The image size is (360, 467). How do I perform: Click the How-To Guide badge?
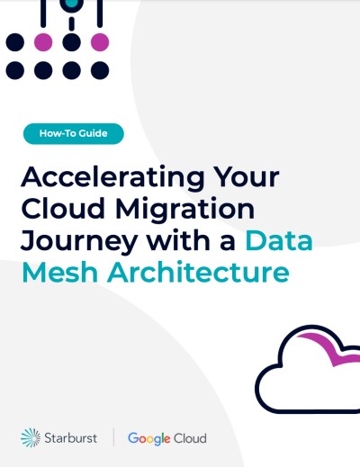[74, 133]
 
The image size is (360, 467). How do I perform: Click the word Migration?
[185, 210]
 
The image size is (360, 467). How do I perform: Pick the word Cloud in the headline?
[63, 208]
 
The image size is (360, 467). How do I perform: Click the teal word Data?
[279, 240]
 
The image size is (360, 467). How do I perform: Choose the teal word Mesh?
[60, 273]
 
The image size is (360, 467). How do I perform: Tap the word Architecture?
[198, 273]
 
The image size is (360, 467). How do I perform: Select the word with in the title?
[178, 240]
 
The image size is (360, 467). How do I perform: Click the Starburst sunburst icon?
[31, 438]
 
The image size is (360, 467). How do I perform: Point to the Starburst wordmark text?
[71, 438]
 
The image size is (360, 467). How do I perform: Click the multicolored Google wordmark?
[149, 439]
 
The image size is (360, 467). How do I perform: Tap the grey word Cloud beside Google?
[190, 438]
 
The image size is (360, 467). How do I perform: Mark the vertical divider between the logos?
[113, 437]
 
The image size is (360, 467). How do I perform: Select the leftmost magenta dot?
[43, 42]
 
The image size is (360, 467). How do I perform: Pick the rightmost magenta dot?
[100, 42]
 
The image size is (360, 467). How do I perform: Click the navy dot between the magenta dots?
[71, 42]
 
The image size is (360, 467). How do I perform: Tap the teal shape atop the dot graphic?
[71, 4]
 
